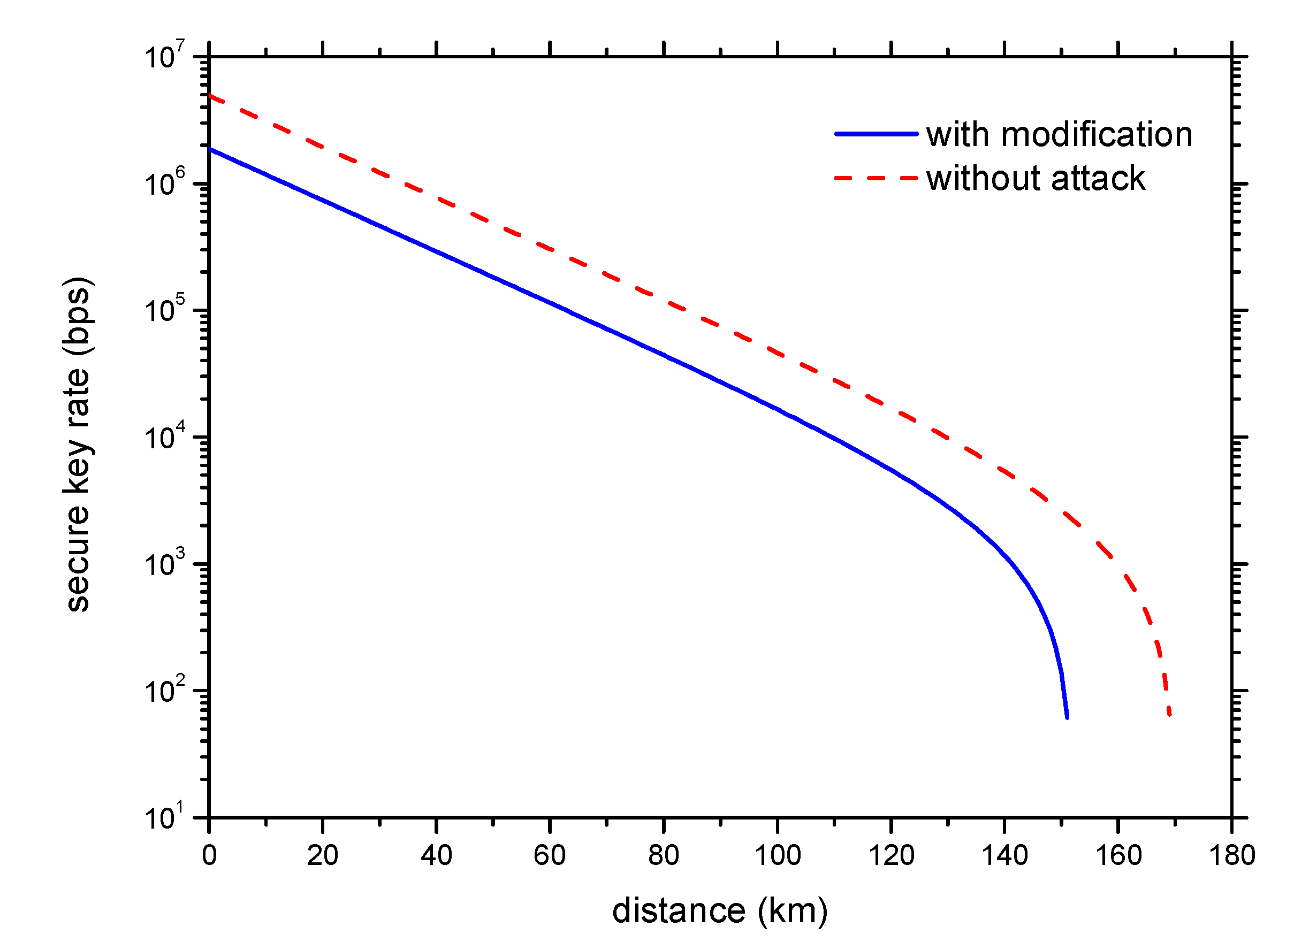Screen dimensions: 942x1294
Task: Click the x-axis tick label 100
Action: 778,856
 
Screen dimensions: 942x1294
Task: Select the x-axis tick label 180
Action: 1232,856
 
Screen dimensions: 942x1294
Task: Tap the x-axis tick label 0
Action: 209,856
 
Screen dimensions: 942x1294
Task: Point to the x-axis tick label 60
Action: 550,856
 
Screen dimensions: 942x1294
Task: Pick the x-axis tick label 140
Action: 1004,856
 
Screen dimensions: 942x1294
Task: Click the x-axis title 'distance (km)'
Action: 720,910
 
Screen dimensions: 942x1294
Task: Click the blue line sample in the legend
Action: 877,135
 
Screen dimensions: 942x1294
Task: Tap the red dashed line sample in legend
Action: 877,179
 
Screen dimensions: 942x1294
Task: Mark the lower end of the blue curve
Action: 1067,717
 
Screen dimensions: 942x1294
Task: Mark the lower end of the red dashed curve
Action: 1170,714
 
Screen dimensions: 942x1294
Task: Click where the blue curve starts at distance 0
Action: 210,149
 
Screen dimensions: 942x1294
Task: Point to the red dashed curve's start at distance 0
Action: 210,96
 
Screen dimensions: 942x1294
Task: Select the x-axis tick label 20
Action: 323,856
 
